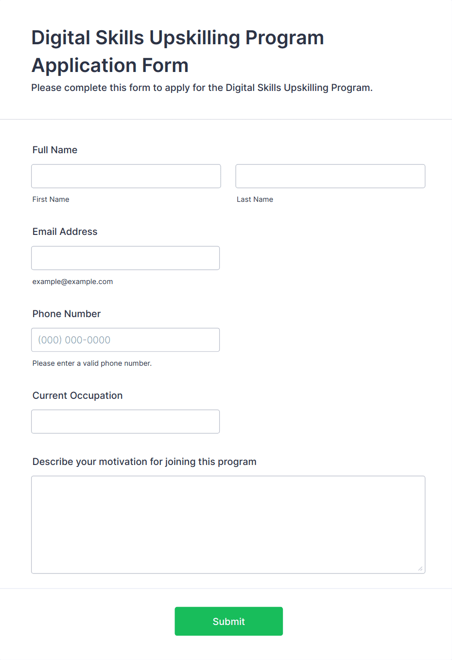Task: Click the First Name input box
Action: pos(126,176)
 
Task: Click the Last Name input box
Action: pos(330,176)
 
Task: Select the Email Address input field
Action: pos(125,258)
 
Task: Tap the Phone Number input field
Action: pos(125,340)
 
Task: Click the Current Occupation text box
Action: pos(125,422)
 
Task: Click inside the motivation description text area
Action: pos(228,524)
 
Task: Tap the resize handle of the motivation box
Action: pos(420,569)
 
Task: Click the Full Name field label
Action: pos(55,150)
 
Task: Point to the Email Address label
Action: pos(65,232)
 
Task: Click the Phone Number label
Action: pos(67,314)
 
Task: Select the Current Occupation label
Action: pos(77,395)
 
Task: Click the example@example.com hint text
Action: pos(72,282)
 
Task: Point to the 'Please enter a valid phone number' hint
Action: pos(92,363)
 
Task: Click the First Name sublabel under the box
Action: pos(51,199)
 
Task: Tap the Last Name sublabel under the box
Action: pos(255,199)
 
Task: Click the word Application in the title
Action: pos(82,65)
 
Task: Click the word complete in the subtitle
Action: pos(86,88)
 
